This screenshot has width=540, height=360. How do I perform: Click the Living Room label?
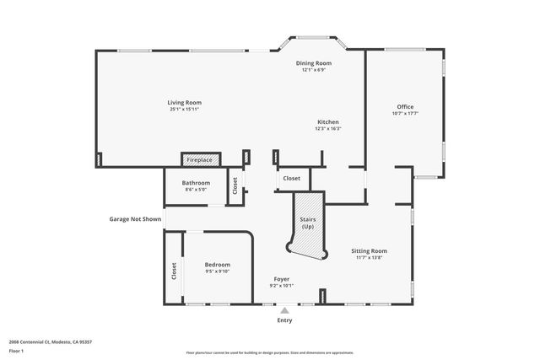(184, 103)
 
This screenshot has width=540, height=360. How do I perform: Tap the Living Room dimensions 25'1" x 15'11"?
(184, 110)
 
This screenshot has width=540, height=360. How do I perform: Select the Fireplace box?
(200, 159)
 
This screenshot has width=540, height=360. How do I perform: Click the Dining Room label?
(313, 63)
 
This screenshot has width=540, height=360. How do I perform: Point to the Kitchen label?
(327, 121)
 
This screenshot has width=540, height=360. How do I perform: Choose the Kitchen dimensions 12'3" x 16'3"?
(327, 128)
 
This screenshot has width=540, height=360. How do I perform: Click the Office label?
(405, 106)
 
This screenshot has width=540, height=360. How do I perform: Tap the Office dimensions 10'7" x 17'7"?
(405, 113)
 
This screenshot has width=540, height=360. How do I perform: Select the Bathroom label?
(196, 183)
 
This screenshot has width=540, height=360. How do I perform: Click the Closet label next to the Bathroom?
(235, 184)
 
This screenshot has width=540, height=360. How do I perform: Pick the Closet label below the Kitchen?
(291, 179)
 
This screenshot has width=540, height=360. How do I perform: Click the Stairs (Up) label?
(307, 223)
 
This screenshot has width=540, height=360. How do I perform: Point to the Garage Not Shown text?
(134, 219)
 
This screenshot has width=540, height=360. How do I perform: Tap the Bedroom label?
(218, 265)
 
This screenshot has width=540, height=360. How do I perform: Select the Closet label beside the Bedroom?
(175, 271)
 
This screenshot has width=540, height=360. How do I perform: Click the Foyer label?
(282, 278)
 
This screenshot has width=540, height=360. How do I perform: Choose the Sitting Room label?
(369, 250)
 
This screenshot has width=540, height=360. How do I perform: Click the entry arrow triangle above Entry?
(284, 310)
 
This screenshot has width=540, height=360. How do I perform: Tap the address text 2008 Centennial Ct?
(50, 341)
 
